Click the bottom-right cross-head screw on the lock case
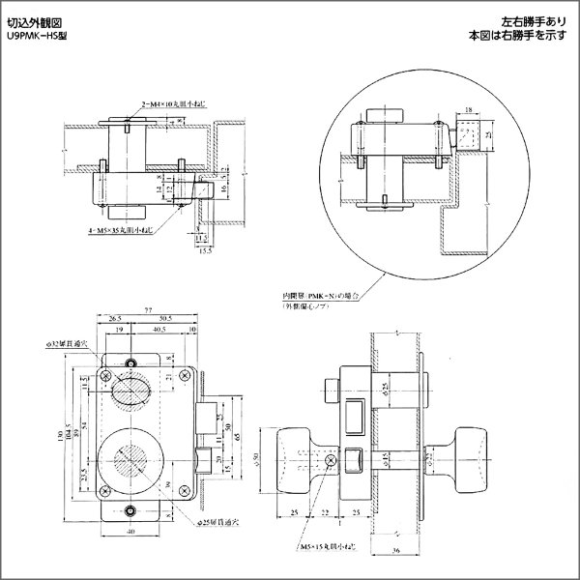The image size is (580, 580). coord(179,490)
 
